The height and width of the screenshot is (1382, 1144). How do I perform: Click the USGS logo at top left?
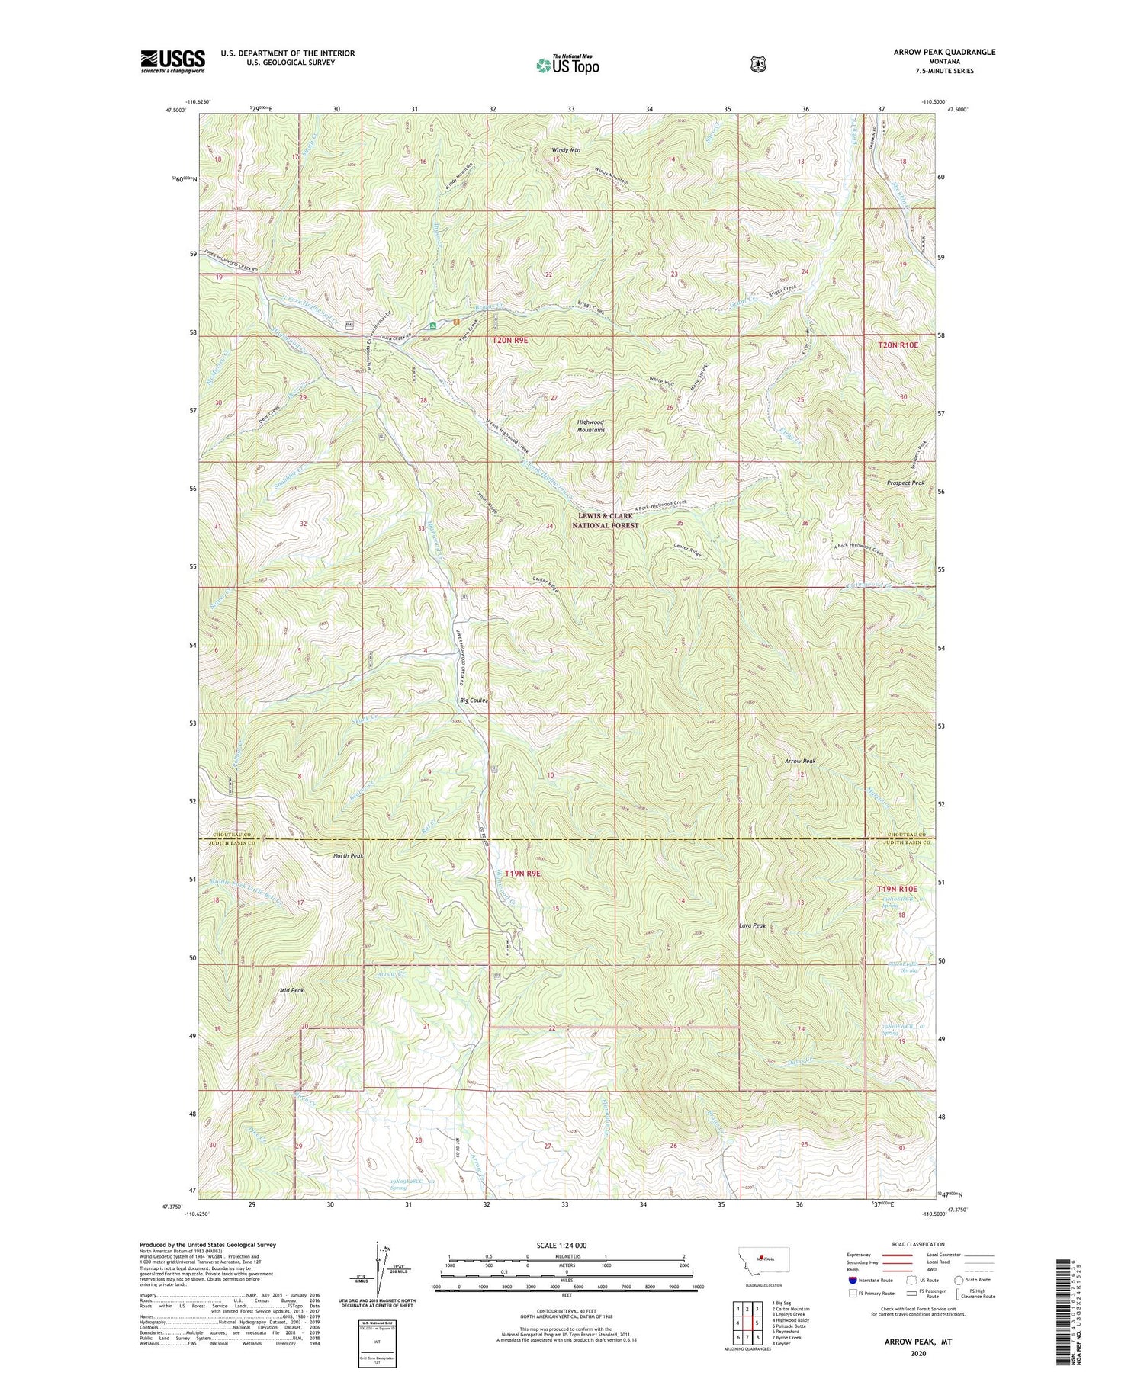click(172, 61)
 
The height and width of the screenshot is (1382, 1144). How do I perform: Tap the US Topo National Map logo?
click(567, 65)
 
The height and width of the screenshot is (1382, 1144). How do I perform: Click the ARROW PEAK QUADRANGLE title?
click(944, 52)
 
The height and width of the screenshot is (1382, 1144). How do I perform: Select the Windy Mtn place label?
click(566, 150)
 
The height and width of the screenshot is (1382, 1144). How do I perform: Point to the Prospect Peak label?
click(905, 483)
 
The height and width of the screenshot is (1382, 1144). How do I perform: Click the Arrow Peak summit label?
click(800, 761)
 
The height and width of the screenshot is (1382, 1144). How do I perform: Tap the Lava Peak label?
click(752, 925)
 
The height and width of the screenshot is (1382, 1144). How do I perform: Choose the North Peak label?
click(348, 855)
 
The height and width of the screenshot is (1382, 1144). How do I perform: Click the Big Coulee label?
click(474, 700)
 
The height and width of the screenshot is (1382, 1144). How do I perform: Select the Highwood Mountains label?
click(590, 425)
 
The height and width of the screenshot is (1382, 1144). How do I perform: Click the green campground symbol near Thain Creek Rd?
click(432, 325)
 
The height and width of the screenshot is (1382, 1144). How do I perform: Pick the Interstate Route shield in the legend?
click(853, 1280)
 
